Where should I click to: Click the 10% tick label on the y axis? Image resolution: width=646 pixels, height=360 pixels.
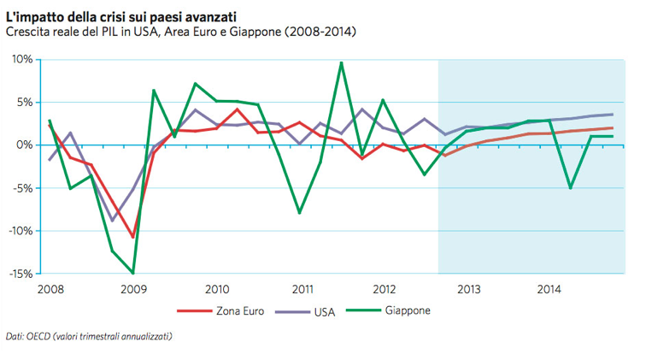[x=21, y=60]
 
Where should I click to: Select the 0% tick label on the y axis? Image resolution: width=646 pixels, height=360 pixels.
[x=24, y=145]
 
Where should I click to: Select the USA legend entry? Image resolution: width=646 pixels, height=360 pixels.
[x=321, y=311]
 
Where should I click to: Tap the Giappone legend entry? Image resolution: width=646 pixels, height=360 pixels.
[x=407, y=311]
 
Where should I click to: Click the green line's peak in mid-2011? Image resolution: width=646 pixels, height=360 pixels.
[x=341, y=62]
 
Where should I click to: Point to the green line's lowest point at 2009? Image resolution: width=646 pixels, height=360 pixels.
[x=132, y=273]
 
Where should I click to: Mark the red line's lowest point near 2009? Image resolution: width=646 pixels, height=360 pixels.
[x=132, y=237]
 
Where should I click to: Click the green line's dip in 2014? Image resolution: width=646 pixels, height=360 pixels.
[x=570, y=188]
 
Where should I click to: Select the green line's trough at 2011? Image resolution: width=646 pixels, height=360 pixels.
[x=300, y=212]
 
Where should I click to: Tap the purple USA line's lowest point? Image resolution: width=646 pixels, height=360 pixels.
[x=112, y=221]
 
